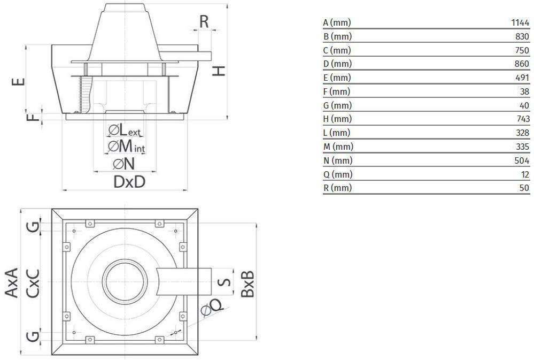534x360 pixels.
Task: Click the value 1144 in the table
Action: [520, 22]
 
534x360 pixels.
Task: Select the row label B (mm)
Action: [337, 36]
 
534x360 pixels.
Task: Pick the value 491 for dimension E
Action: [522, 78]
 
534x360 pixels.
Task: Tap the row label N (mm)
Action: [338, 160]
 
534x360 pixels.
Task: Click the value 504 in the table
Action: [522, 160]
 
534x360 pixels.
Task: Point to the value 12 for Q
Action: [525, 174]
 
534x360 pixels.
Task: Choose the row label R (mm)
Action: [337, 188]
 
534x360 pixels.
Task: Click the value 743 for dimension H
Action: [522, 119]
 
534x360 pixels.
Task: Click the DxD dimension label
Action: [129, 182]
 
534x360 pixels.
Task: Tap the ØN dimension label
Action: [123, 164]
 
